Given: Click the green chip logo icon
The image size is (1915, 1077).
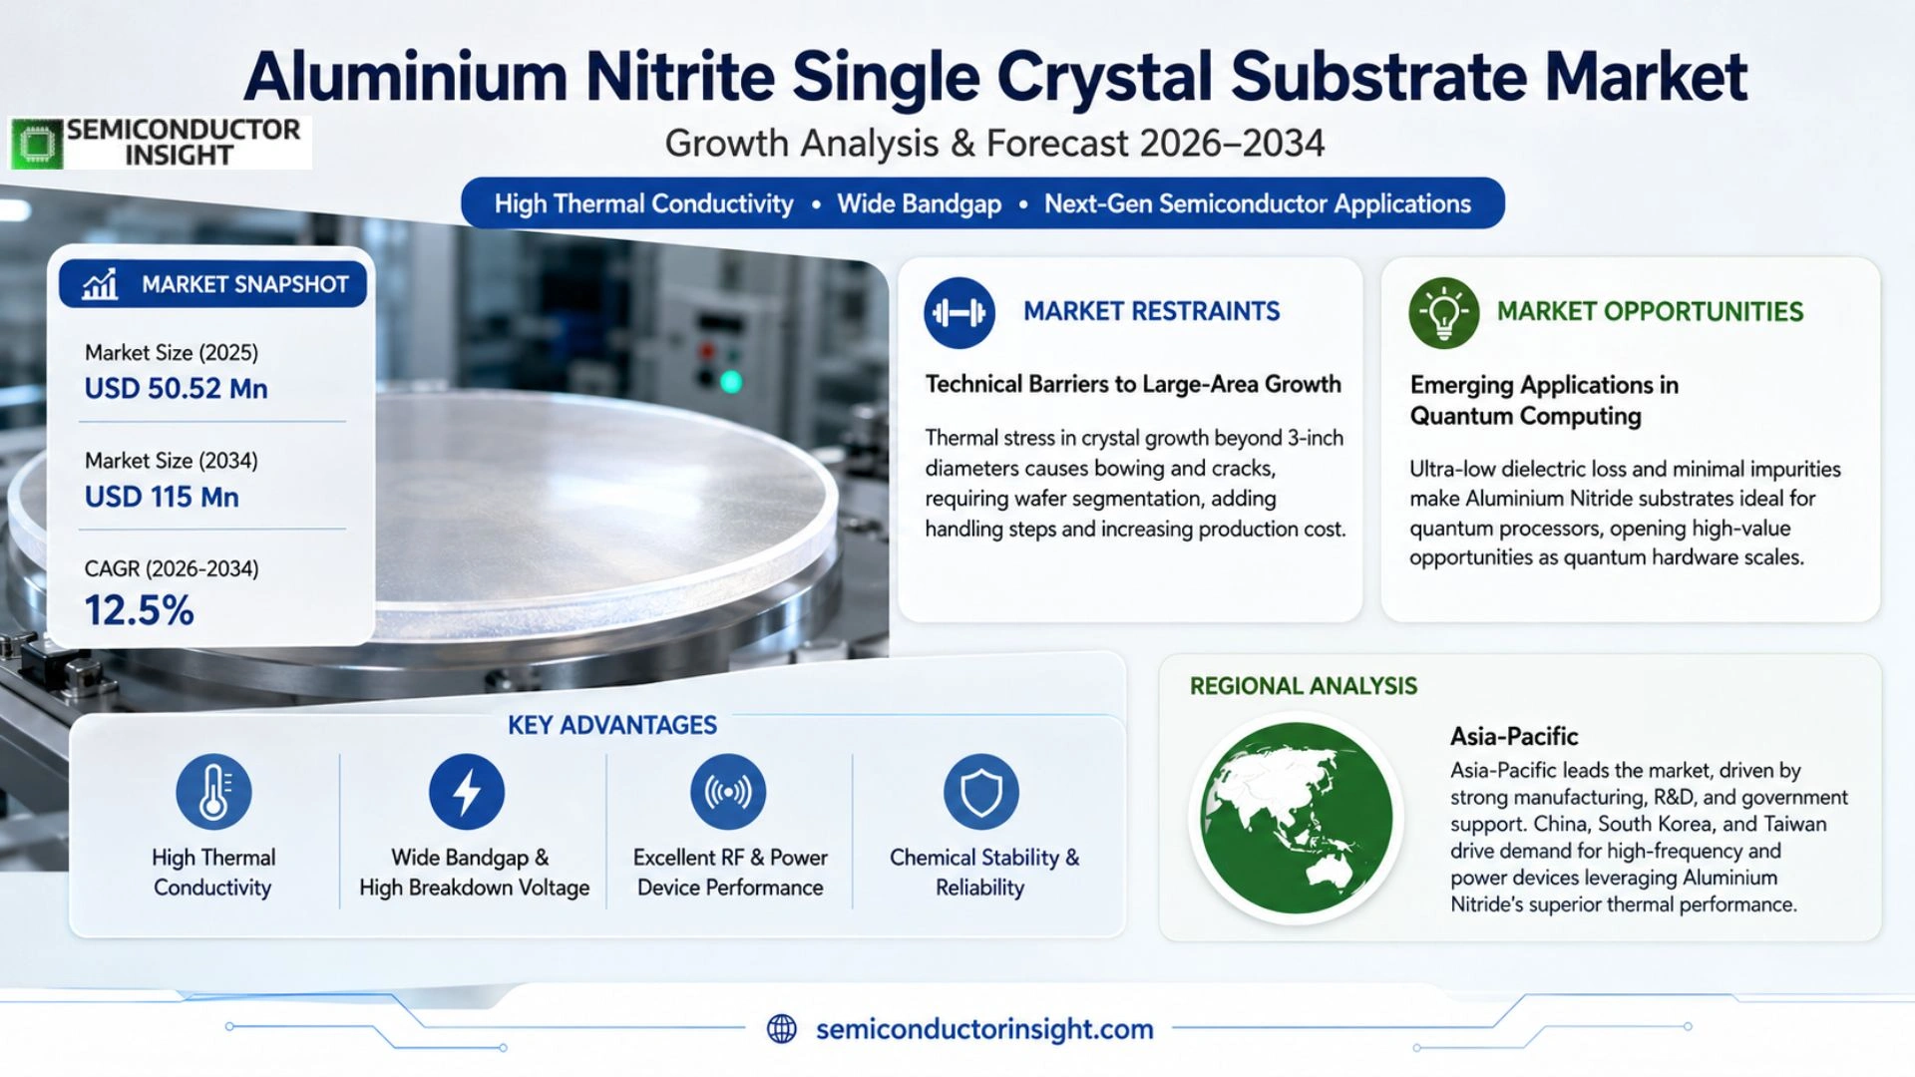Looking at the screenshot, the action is pyautogui.click(x=37, y=144).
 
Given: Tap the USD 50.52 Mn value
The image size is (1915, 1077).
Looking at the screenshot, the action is pyautogui.click(x=176, y=389).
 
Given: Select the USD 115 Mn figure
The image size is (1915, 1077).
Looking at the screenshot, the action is pyautogui.click(x=162, y=497).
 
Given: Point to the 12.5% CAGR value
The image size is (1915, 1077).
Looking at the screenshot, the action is pyautogui.click(x=139, y=610).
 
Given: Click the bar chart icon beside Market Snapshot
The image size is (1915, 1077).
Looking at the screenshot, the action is pyautogui.click(x=100, y=284).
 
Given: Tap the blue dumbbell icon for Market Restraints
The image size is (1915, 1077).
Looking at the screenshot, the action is pyautogui.click(x=958, y=313).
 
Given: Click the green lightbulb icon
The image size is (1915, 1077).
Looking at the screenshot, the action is pyautogui.click(x=1443, y=313).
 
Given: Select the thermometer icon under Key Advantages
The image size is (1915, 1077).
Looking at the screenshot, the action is pyautogui.click(x=213, y=792).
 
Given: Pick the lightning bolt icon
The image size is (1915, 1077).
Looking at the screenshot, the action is pyautogui.click(x=467, y=792).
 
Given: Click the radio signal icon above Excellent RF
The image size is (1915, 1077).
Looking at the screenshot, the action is pyautogui.click(x=728, y=792).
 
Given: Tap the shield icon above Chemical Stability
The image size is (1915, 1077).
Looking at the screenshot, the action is pyautogui.click(x=981, y=792).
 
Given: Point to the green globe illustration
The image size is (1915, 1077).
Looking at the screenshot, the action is pyautogui.click(x=1297, y=818).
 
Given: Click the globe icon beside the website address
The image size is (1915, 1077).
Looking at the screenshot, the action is pyautogui.click(x=782, y=1029).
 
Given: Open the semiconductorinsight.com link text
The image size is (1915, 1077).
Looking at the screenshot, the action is pyautogui.click(x=984, y=1029).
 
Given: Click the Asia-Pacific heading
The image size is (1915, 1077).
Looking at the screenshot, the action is pyautogui.click(x=1514, y=737).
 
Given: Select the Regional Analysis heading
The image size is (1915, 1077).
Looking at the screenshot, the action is pyautogui.click(x=1303, y=686).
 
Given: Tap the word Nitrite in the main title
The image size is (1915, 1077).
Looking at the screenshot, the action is pyautogui.click(x=679, y=76).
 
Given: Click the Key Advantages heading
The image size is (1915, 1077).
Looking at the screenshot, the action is pyautogui.click(x=612, y=725).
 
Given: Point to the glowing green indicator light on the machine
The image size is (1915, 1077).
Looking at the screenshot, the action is pyautogui.click(x=731, y=382).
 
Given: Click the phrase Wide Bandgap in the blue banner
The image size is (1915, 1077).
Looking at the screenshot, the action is pyautogui.click(x=919, y=204).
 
